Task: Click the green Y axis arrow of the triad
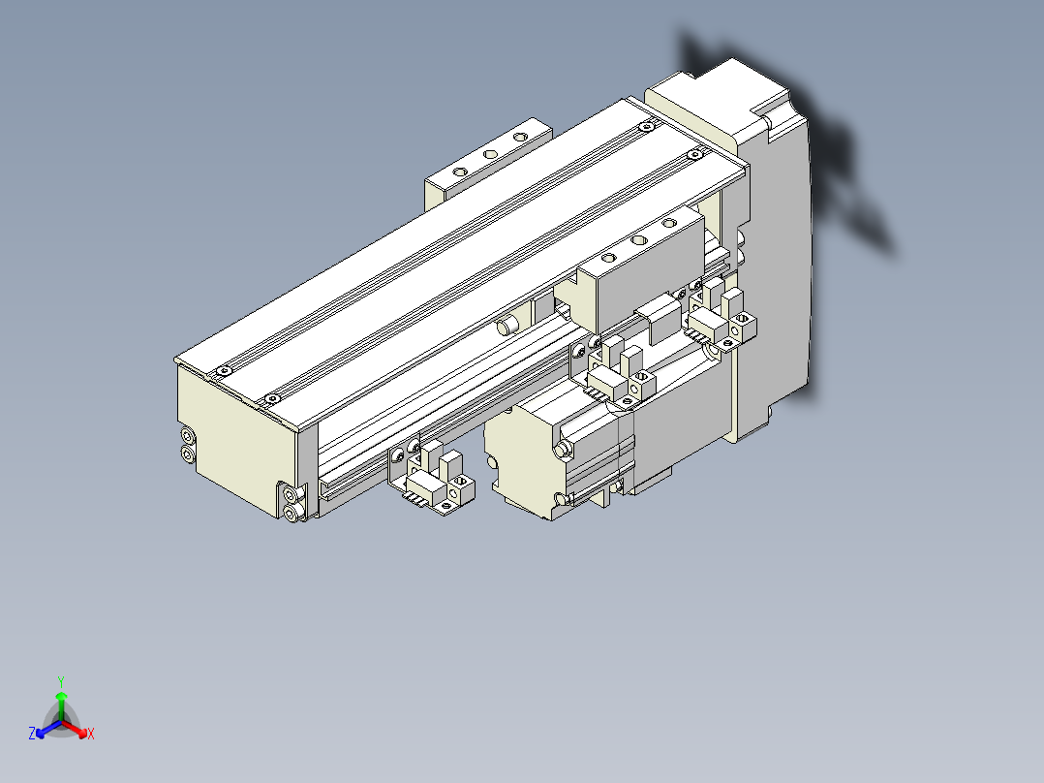[x=61, y=697]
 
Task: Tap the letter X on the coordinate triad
[x=91, y=735]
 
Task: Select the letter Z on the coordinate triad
[x=32, y=735]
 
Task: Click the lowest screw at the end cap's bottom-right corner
[x=292, y=512]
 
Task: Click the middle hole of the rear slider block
[x=491, y=153]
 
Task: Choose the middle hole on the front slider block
[x=638, y=239]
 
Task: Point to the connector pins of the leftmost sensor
[x=418, y=496]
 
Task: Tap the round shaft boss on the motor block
[x=562, y=449]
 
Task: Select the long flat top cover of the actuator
[x=455, y=252]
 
